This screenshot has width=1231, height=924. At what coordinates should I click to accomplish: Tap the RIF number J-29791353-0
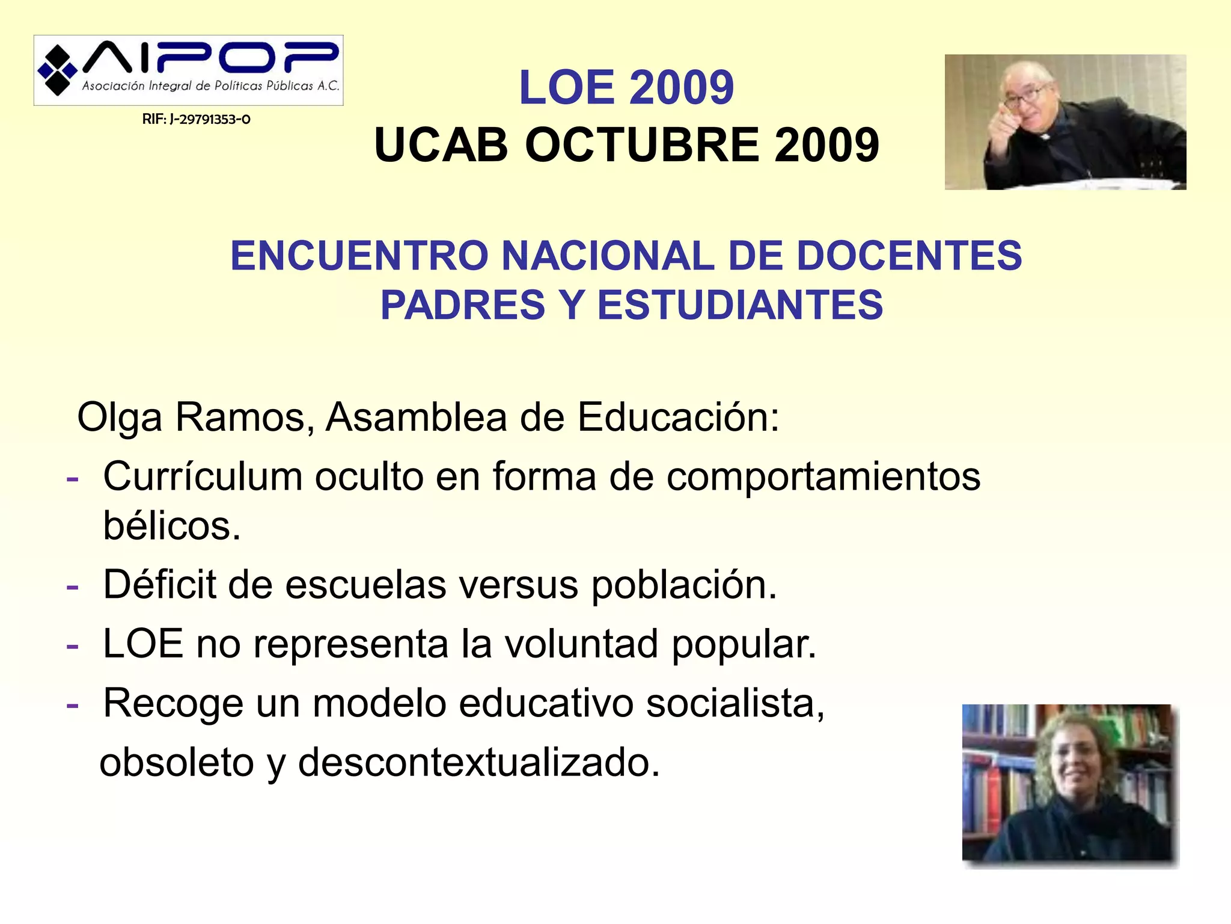(x=197, y=119)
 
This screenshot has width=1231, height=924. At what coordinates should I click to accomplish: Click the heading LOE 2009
(x=626, y=88)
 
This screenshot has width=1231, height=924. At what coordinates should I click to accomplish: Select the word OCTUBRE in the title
(x=643, y=146)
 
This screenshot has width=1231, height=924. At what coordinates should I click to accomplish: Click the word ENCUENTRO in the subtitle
(x=359, y=256)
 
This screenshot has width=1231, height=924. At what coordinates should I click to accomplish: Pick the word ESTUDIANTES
(x=740, y=305)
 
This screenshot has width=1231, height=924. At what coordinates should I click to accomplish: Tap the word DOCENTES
(x=909, y=256)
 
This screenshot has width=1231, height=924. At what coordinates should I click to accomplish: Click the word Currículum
(x=203, y=477)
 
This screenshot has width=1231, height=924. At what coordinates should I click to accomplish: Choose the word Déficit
(x=159, y=584)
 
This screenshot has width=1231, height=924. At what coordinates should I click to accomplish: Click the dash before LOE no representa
(x=73, y=646)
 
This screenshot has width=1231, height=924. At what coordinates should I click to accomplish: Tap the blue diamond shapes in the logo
(x=57, y=70)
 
